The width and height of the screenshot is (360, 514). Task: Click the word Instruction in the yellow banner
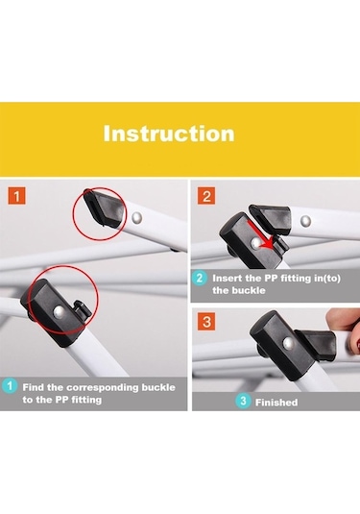[x=169, y=134]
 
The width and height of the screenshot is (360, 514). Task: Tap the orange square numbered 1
[x=16, y=196]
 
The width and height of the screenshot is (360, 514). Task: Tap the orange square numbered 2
[x=206, y=196]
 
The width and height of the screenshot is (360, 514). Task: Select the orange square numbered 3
[x=206, y=321]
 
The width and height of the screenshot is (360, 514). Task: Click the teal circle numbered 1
[x=10, y=386]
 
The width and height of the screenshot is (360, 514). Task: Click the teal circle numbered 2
[x=200, y=278]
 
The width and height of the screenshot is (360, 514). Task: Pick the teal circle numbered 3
[x=243, y=401]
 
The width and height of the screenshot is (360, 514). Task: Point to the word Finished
[x=276, y=403]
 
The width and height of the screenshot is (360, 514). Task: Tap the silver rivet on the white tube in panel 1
[x=136, y=217]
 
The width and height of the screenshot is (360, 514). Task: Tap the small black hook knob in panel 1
[x=82, y=307]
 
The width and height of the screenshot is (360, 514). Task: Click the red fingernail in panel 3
[x=357, y=344]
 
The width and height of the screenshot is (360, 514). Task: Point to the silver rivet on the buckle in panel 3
[x=288, y=343]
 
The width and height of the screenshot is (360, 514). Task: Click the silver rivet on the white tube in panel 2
[x=306, y=221]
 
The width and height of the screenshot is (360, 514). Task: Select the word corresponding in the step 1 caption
[x=104, y=387]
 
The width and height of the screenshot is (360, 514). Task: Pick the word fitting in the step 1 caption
[x=86, y=400]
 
